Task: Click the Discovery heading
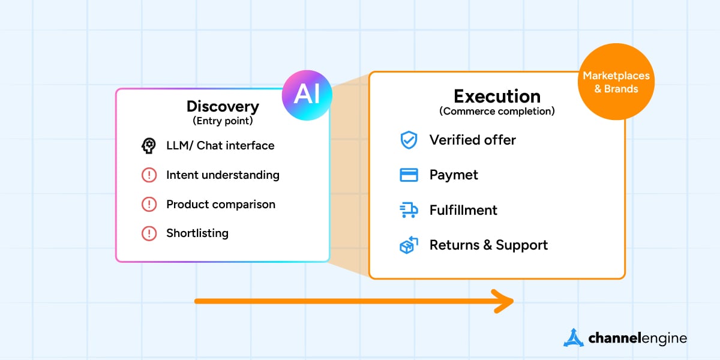(223, 106)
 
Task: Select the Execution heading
(497, 96)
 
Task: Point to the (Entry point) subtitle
(223, 121)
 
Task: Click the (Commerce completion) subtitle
(497, 111)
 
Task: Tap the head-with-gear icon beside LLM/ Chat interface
(149, 145)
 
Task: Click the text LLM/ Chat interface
(220, 145)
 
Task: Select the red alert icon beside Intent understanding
(149, 175)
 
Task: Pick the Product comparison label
(221, 204)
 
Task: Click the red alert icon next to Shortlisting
(149, 233)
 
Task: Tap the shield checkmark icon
(409, 140)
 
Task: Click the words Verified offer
(473, 140)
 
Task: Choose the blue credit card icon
(409, 175)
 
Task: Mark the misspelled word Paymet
(454, 175)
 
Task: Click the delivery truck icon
(409, 210)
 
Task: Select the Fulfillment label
(463, 210)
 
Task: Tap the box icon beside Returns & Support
(409, 245)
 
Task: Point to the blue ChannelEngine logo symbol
(574, 337)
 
